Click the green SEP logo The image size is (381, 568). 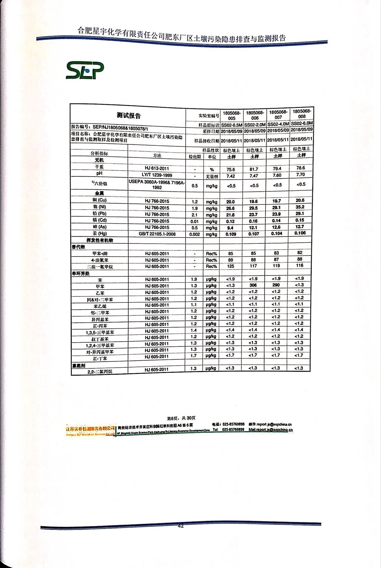click(x=85, y=70)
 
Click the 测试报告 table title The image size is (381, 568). click(x=129, y=115)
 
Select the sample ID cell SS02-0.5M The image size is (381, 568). click(x=232, y=125)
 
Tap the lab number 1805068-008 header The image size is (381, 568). click(x=301, y=114)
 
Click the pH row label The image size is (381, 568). click(x=99, y=173)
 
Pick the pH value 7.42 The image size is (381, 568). click(x=231, y=176)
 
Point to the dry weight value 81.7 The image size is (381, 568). click(x=254, y=169)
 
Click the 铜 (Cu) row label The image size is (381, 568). click(x=99, y=200)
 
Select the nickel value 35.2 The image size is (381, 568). click(x=300, y=207)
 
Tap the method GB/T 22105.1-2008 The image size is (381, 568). click(x=157, y=234)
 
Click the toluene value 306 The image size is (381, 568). click(x=253, y=285)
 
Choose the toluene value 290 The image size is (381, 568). click(x=276, y=285)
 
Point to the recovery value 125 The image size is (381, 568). click(x=231, y=266)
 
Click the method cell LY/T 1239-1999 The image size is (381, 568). click(x=157, y=175)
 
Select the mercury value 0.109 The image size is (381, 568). click(x=231, y=234)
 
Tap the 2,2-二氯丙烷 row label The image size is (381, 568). click(x=100, y=371)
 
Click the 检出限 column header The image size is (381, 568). click(x=195, y=157)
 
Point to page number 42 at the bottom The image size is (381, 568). click(x=181, y=526)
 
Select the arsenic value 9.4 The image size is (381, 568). click(x=230, y=228)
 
